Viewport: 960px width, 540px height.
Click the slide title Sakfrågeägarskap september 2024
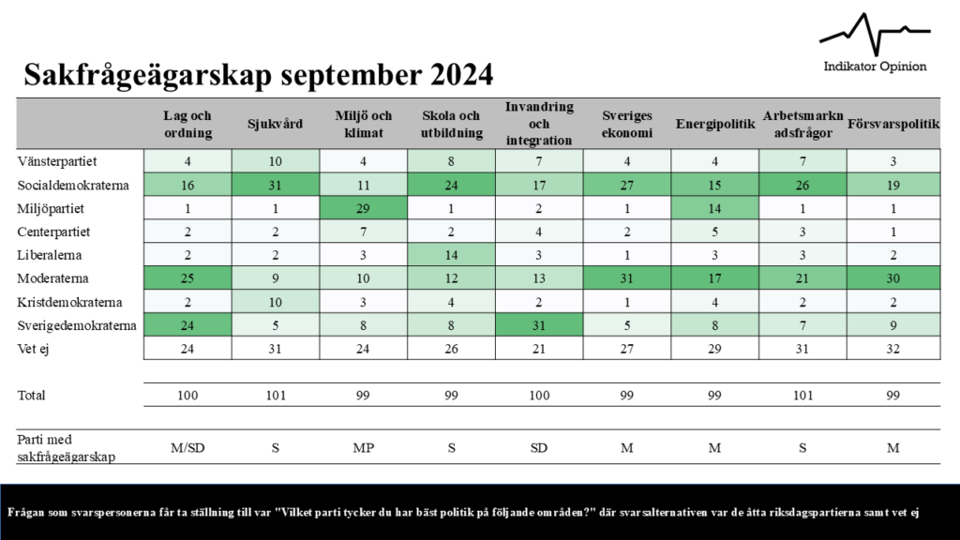click(x=259, y=75)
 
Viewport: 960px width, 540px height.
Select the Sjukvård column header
click(x=276, y=124)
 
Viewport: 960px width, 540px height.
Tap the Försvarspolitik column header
click(x=893, y=124)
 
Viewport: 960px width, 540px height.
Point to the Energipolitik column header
click(x=714, y=124)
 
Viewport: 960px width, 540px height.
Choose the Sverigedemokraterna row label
click(x=77, y=325)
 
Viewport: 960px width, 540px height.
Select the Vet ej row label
click(x=34, y=349)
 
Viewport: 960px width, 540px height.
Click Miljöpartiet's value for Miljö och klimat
click(x=364, y=207)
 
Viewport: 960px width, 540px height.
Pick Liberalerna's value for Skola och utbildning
click(x=451, y=255)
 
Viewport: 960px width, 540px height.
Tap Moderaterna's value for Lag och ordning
click(x=187, y=278)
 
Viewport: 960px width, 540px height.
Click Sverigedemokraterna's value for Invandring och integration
click(x=539, y=325)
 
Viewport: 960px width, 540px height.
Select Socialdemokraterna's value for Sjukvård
click(x=276, y=184)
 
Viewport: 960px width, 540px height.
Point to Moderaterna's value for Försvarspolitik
click(x=893, y=278)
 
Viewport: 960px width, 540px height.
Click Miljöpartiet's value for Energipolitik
click(x=714, y=207)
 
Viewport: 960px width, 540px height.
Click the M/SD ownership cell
click(x=187, y=448)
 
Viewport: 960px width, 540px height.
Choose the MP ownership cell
click(x=364, y=448)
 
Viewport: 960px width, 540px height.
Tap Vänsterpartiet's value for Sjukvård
click(x=276, y=160)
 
